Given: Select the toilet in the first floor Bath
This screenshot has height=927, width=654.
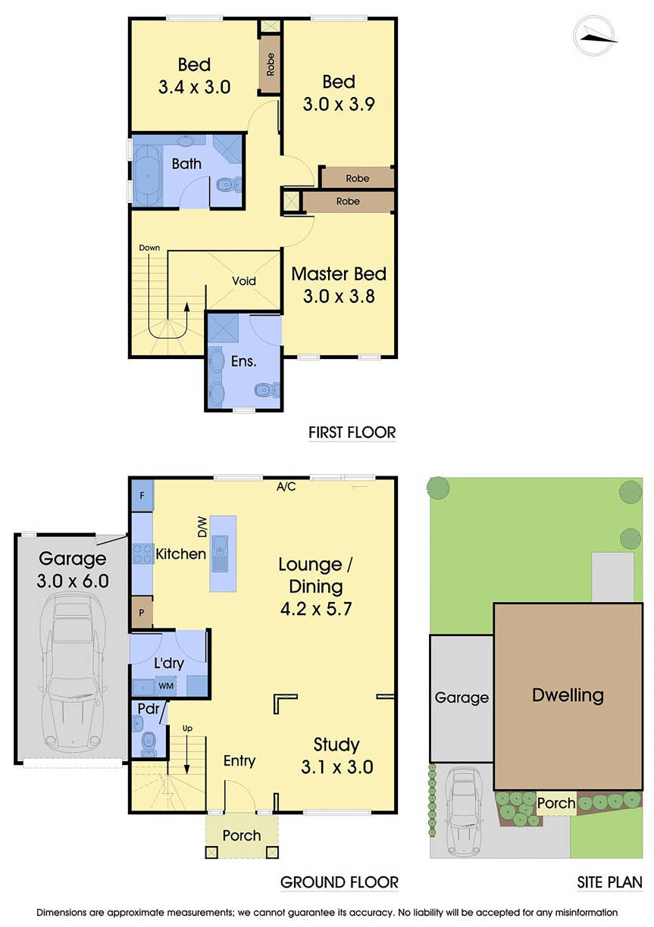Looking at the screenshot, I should tap(227, 185).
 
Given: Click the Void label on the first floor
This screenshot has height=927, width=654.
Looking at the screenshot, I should tap(244, 281).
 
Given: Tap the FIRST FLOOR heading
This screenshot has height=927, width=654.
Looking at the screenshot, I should tap(352, 432).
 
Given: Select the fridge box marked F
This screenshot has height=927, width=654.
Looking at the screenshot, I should tap(142, 495).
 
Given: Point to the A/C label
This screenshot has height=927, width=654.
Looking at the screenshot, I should tap(286, 486).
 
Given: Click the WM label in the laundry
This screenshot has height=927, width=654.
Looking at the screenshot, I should tap(165, 686).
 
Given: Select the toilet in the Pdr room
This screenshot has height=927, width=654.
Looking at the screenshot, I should tap(148, 740).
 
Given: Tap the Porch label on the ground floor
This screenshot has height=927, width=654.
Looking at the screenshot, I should tap(242, 835).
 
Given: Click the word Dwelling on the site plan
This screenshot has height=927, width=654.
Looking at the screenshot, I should tap(568, 694).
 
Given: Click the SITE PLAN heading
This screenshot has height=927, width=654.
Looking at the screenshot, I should tap(608, 882).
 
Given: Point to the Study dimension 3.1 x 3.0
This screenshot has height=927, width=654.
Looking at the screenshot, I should tap(337, 766).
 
